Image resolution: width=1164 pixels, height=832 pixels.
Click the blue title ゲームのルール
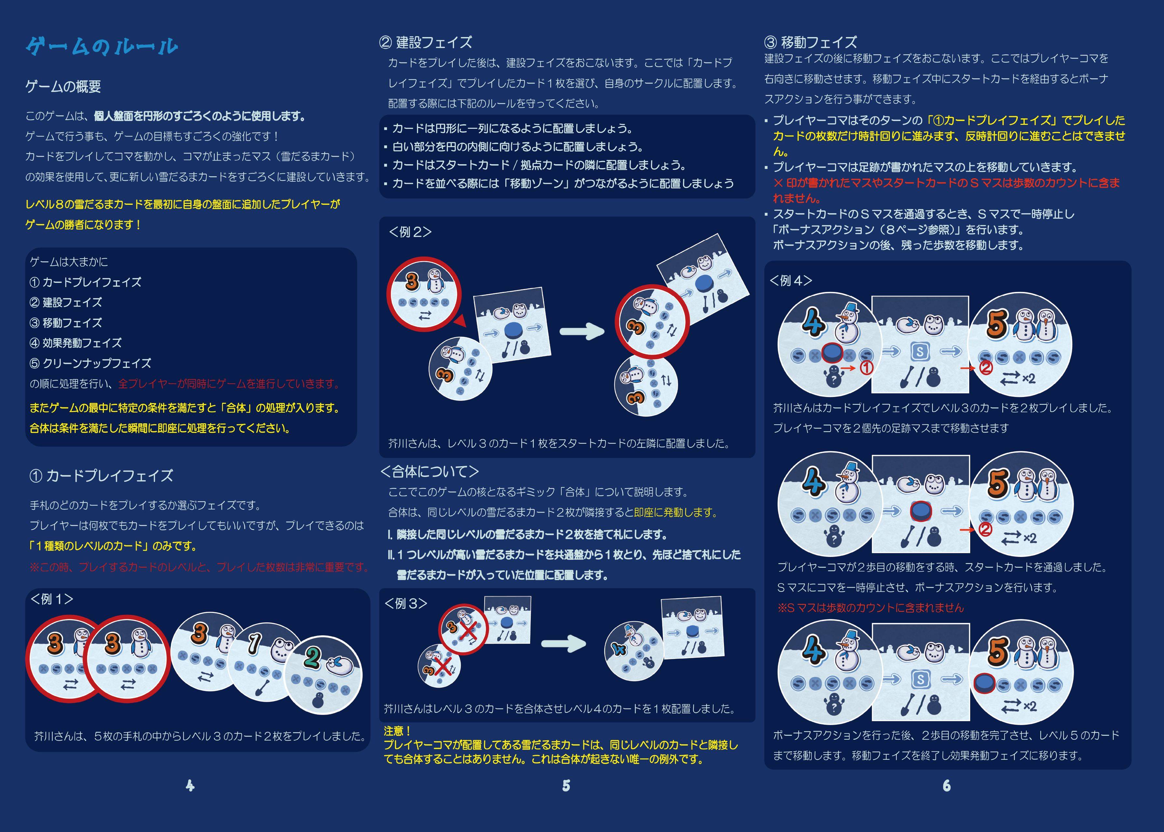[x=101, y=46]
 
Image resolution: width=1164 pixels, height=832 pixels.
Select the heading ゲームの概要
[x=63, y=86]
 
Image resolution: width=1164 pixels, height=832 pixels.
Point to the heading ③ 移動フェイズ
[x=811, y=42]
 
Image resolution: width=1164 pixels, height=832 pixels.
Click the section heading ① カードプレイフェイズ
[x=101, y=476]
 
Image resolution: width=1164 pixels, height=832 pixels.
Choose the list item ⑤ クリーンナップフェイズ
[x=91, y=363]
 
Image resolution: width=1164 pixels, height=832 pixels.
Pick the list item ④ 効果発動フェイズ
[x=76, y=343]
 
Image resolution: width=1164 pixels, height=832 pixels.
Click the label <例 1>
[x=52, y=599]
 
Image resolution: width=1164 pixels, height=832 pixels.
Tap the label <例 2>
[x=410, y=232]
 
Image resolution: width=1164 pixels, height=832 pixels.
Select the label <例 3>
[x=406, y=603]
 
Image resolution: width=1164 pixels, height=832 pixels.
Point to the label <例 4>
[x=791, y=280]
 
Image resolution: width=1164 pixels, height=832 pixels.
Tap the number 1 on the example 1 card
[x=255, y=643]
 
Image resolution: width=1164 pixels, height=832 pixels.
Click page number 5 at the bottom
[x=566, y=786]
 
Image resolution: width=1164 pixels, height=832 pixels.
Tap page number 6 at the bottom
[x=947, y=786]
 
